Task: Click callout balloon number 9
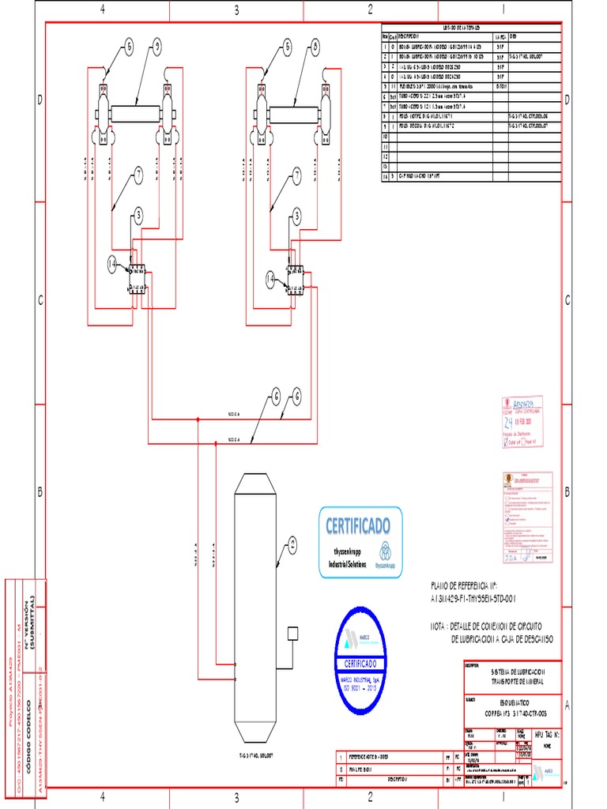click(x=157, y=47)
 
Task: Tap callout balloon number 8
click(x=315, y=47)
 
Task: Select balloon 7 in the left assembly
click(x=138, y=176)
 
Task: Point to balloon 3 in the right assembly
click(x=297, y=215)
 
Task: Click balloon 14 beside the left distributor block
click(x=112, y=263)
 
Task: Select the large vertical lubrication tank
click(x=254, y=608)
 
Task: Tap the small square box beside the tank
click(x=292, y=634)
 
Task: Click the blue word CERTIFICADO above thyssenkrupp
click(x=359, y=525)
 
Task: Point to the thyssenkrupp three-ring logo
click(x=386, y=551)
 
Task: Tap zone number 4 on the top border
click(x=102, y=9)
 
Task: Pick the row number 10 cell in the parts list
click(x=386, y=136)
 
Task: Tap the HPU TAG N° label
click(x=546, y=734)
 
